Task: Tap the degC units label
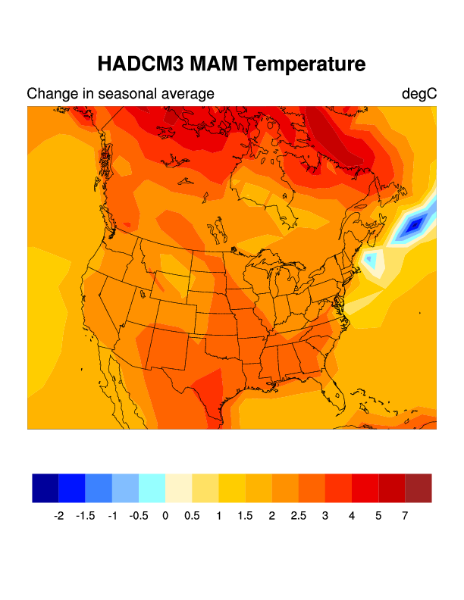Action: pyautogui.click(x=419, y=94)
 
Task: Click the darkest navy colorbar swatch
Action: pyautogui.click(x=45, y=488)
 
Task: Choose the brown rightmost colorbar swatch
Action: pyautogui.click(x=419, y=488)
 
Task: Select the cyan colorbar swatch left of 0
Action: pyautogui.click(x=152, y=488)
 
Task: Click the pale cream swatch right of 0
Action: pyautogui.click(x=179, y=488)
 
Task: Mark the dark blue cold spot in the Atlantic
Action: pyautogui.click(x=414, y=225)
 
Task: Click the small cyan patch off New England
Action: pyautogui.click(x=370, y=259)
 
